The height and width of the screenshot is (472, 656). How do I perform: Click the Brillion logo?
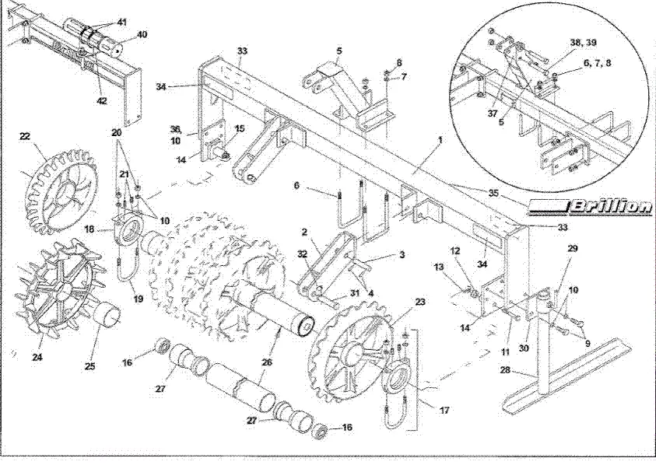[x=591, y=207]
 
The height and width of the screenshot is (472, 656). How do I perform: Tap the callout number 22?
[x=25, y=136]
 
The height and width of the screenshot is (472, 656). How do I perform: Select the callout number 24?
[x=37, y=358]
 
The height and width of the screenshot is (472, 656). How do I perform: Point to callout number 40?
[x=142, y=34]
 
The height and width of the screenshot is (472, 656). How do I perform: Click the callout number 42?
[x=102, y=101]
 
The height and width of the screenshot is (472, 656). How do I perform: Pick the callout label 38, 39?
[x=583, y=43]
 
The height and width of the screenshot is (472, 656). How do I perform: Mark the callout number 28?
[x=505, y=370]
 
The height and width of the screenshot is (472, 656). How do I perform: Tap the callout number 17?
[x=444, y=411]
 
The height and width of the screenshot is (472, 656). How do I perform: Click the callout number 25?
[x=90, y=366]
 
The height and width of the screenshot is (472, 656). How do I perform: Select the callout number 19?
[x=138, y=299]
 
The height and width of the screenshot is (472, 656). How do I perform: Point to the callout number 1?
[x=440, y=139]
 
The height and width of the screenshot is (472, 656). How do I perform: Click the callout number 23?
[x=420, y=302]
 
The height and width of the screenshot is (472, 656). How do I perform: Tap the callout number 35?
[x=495, y=193]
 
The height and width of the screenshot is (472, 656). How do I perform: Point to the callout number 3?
[x=402, y=254]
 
